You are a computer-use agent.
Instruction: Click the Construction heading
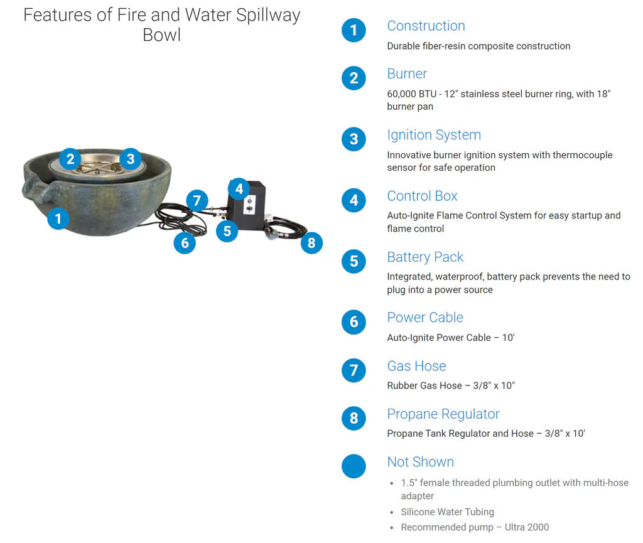tap(426, 26)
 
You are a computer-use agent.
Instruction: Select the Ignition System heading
tap(433, 135)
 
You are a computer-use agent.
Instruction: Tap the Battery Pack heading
tap(425, 257)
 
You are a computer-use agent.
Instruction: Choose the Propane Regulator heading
tap(443, 414)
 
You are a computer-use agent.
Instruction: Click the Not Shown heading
tap(420, 462)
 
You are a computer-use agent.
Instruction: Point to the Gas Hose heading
tap(416, 366)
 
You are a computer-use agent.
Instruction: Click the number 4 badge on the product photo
tap(239, 188)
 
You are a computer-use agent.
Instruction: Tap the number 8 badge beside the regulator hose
tap(311, 242)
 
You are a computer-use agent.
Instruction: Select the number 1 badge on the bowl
tap(58, 218)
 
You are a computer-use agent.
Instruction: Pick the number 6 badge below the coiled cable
tap(185, 242)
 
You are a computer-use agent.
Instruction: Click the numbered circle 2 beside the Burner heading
tap(354, 78)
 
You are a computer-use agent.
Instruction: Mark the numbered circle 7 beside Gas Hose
tap(354, 370)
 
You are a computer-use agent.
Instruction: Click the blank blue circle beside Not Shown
tap(354, 466)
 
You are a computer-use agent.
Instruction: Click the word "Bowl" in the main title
tap(162, 35)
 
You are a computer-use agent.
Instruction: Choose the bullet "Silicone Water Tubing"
tap(447, 512)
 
